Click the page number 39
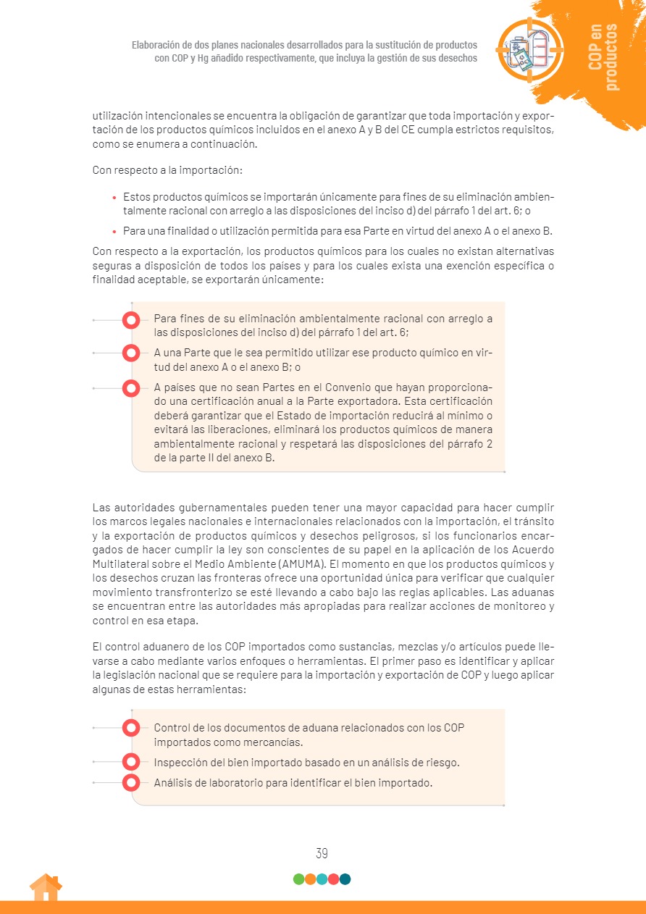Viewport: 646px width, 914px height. (x=322, y=853)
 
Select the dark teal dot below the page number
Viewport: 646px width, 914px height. (x=345, y=879)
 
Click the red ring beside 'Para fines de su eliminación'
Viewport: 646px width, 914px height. (x=131, y=319)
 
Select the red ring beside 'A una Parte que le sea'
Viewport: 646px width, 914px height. (x=131, y=353)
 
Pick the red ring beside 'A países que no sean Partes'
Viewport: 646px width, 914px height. (x=131, y=388)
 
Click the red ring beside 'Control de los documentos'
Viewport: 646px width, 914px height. (x=131, y=728)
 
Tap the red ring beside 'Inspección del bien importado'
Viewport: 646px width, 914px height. (x=131, y=762)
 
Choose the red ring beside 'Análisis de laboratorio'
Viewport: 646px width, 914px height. (x=131, y=782)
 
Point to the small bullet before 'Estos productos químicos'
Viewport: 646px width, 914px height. (x=114, y=197)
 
